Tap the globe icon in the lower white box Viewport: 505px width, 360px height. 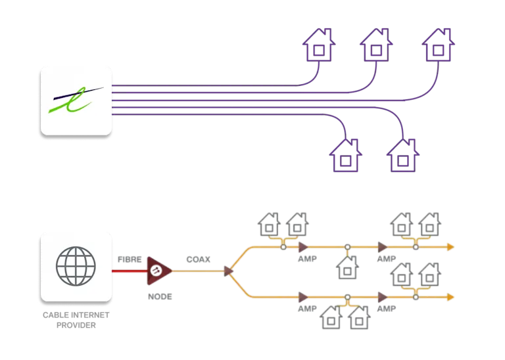tap(75, 266)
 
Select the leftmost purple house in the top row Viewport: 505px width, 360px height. tap(318, 45)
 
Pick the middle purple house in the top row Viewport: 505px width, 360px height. tap(377, 45)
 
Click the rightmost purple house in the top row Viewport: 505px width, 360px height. tap(439, 45)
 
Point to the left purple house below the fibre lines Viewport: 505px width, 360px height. tap(345, 155)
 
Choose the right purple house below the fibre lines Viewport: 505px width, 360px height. tap(402, 155)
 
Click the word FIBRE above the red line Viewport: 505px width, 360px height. tap(129, 259)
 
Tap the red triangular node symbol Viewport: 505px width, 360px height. tap(158, 269)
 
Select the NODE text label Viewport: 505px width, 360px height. tap(160, 296)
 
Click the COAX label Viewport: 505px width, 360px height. tap(197, 259)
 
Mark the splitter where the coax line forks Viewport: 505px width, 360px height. tap(228, 269)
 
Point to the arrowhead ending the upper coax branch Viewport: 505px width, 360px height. tap(450, 247)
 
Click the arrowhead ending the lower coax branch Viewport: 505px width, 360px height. tap(450, 297)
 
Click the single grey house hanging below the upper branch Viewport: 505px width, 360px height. tap(347, 267)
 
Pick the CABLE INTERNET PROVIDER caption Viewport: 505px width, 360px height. tap(74, 320)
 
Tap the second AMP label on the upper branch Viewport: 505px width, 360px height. tap(386, 259)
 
